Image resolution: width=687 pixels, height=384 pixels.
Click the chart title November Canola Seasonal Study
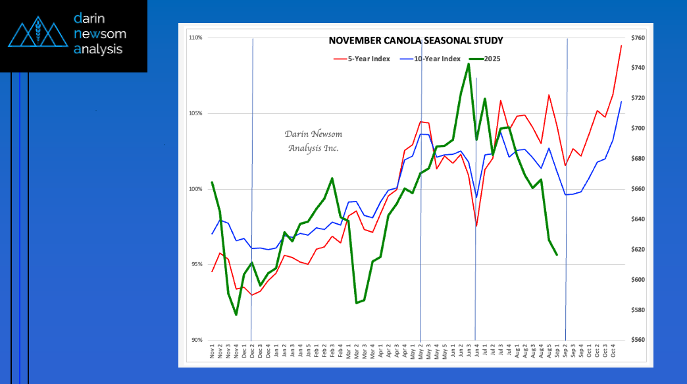click(415, 41)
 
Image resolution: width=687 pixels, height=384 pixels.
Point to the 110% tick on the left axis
click(195, 38)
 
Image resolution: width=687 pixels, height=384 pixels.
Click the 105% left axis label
click(195, 113)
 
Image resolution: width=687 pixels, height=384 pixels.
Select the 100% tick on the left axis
click(195, 189)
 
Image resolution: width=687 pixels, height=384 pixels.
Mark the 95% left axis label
click(195, 264)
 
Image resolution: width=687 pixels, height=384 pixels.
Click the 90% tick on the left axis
click(195, 340)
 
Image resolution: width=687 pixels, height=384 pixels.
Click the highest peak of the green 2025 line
click(469, 64)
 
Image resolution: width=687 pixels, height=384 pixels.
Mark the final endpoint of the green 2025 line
click(557, 254)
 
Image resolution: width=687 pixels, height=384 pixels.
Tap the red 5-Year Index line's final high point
click(621, 45)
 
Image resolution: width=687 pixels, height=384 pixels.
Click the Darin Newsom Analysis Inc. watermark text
click(313, 141)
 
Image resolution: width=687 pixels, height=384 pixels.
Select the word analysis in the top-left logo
click(98, 49)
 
